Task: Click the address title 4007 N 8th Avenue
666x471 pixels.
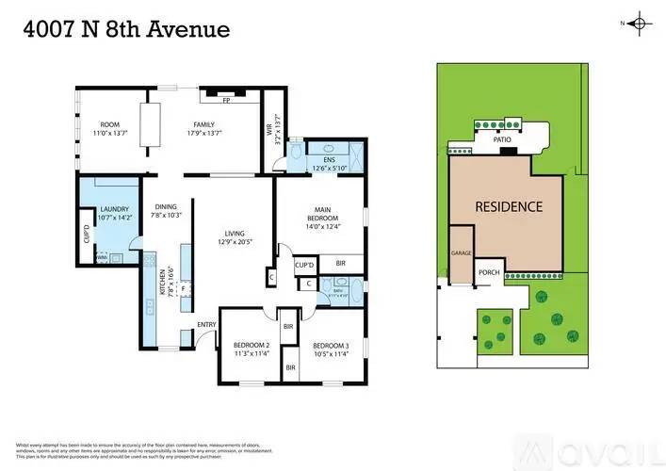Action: point(125,29)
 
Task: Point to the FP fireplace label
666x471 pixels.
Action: point(226,101)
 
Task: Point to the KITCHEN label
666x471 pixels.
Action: point(163,284)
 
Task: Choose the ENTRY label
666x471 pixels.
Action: point(206,326)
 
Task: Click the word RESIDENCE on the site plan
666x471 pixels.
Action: point(508,206)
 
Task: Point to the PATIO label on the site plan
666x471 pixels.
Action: point(503,141)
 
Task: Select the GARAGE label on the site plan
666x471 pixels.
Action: point(461,253)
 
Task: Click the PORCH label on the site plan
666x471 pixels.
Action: point(489,274)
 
